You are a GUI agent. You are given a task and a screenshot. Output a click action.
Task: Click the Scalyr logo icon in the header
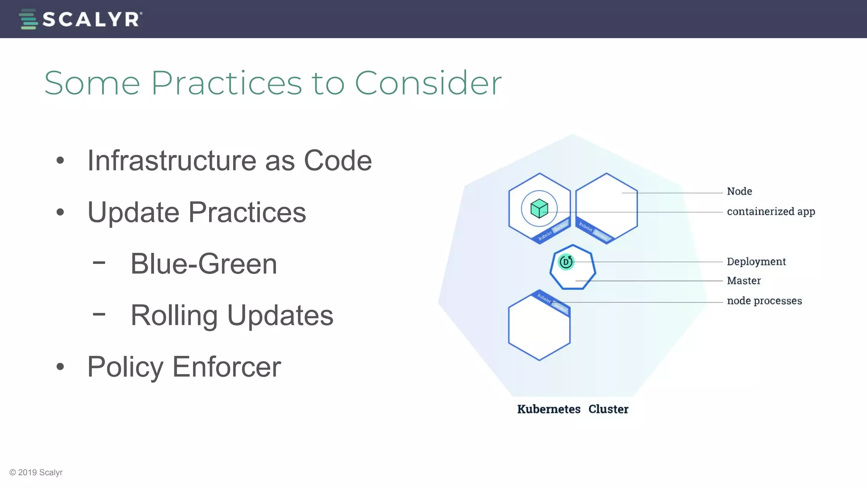tap(28, 19)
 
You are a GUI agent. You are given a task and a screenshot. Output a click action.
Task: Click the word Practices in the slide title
tap(226, 83)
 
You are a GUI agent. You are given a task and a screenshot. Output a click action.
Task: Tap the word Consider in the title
tap(428, 83)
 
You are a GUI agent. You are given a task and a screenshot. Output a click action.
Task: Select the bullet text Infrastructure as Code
tap(229, 161)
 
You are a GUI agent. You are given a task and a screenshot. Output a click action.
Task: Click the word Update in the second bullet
tap(133, 212)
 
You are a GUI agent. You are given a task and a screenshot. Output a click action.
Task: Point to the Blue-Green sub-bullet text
tap(204, 264)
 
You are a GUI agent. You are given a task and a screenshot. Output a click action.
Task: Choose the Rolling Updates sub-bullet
tap(232, 316)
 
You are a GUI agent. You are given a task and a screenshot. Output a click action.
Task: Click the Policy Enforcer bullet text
tap(184, 367)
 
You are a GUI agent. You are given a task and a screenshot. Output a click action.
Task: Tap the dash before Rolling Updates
tap(99, 314)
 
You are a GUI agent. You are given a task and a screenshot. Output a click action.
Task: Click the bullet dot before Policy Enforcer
tap(60, 367)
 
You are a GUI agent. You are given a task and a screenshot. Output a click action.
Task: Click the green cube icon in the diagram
tap(539, 208)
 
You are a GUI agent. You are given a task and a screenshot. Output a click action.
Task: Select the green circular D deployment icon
tap(566, 262)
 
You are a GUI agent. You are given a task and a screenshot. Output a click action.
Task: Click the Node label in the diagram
tap(739, 191)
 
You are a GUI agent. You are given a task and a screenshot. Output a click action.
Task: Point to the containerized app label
tap(770, 211)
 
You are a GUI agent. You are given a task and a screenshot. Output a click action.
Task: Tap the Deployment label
tap(756, 262)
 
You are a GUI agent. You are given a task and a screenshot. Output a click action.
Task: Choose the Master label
tap(743, 281)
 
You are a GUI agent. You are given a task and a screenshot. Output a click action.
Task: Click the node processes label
tap(764, 301)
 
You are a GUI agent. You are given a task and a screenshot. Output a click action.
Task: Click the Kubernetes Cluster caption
tap(572, 409)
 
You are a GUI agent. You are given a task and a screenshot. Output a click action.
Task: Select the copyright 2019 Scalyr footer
tap(36, 472)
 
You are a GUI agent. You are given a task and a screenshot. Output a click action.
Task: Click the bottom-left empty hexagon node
tap(539, 330)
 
